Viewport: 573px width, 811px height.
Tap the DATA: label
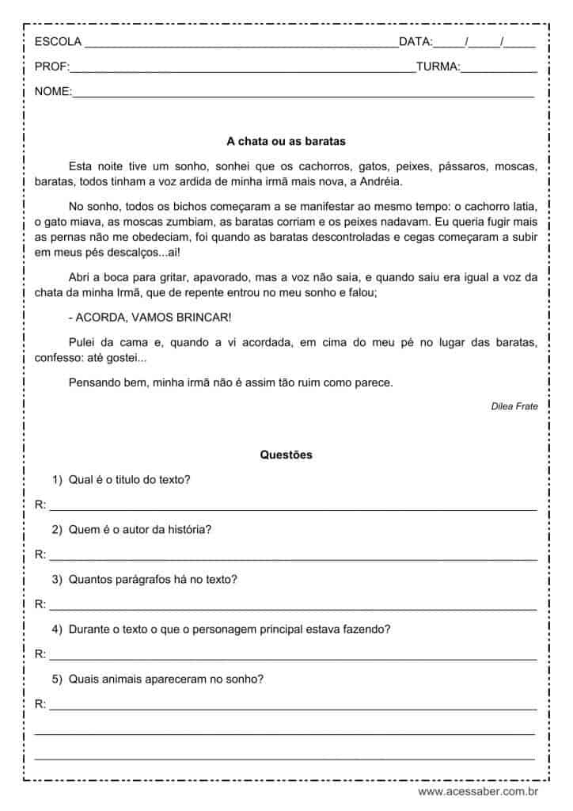(416, 41)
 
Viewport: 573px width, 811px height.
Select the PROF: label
(52, 67)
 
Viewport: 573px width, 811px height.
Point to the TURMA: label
(438, 67)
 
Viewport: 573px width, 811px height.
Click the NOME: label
(53, 92)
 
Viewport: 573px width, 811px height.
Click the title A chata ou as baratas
(286, 142)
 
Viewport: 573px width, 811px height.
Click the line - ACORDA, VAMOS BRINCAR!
(150, 318)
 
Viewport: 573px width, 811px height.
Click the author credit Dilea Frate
(514, 406)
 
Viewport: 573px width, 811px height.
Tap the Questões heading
(286, 455)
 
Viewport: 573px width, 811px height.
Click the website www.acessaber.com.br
(478, 790)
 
